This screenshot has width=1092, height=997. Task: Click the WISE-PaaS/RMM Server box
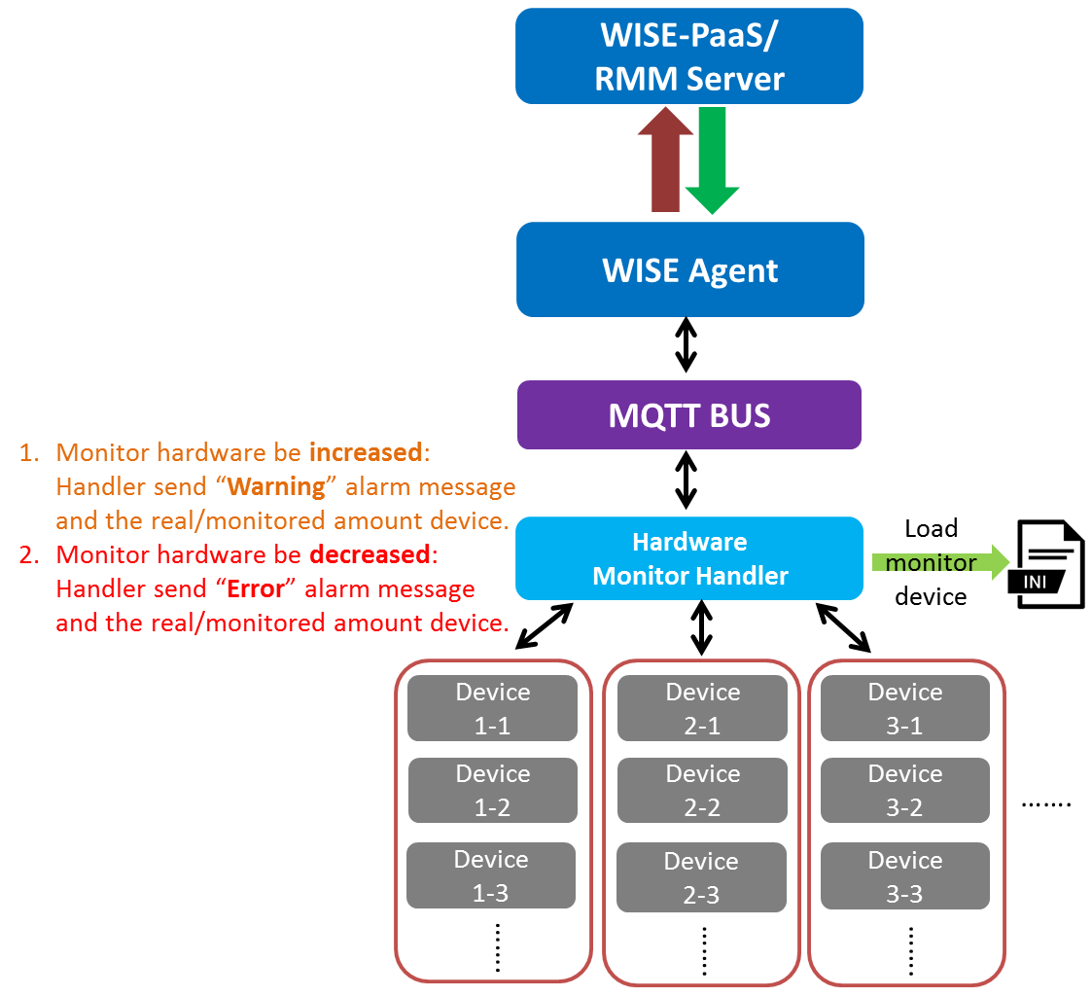click(689, 56)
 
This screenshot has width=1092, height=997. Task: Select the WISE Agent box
click(690, 269)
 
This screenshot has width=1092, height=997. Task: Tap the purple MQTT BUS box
click(689, 415)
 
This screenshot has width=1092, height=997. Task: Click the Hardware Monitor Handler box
click(689, 558)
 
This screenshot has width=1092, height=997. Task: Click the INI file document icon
click(1050, 565)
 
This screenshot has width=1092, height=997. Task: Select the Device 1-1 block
click(493, 709)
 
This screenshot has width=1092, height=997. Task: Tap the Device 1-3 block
click(492, 875)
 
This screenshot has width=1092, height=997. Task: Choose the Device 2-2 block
click(703, 791)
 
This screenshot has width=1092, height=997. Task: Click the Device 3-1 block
click(905, 709)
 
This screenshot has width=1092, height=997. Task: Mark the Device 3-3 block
click(905, 876)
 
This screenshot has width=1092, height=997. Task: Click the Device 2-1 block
click(703, 709)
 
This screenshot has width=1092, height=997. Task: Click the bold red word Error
click(260, 588)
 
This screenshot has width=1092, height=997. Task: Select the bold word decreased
click(373, 554)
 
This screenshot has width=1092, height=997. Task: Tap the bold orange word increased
click(366, 452)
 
